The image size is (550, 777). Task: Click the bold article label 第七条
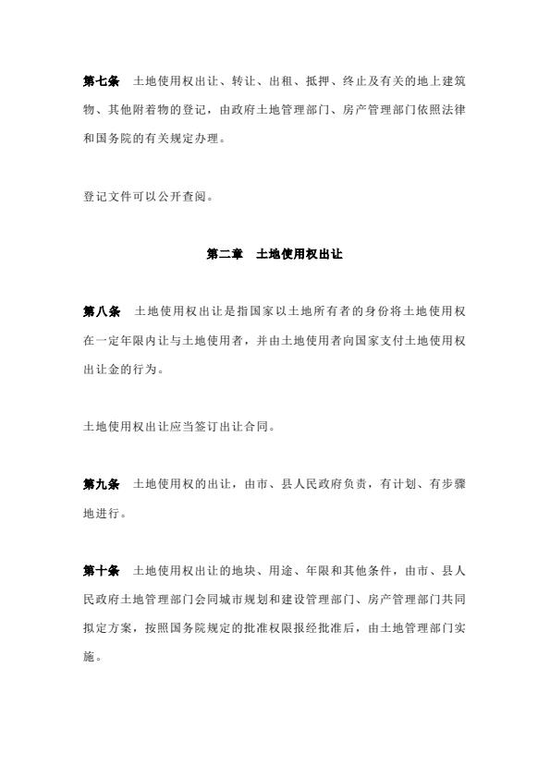coord(101,81)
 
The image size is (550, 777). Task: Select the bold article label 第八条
coord(101,311)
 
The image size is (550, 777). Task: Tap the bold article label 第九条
coord(101,483)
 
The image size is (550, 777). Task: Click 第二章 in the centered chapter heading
coord(224,253)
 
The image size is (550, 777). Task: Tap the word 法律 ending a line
coord(453,111)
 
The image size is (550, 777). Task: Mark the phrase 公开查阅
coord(191,196)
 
